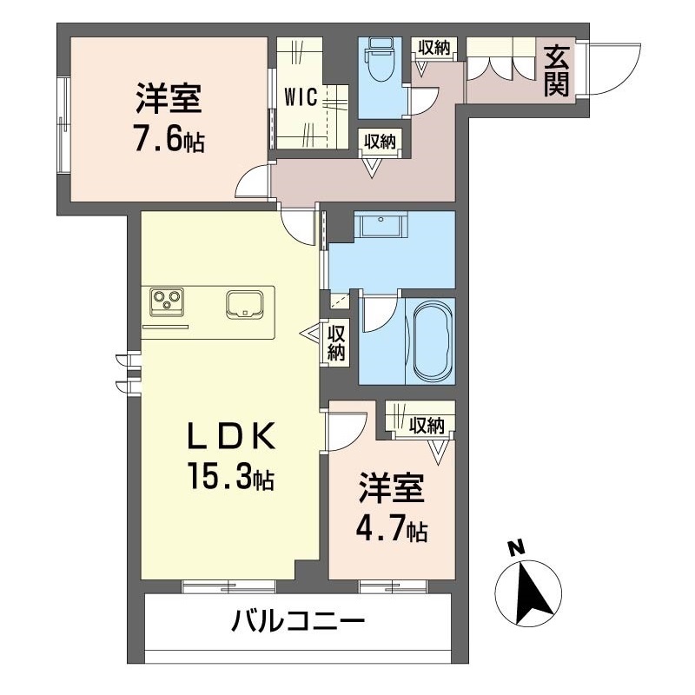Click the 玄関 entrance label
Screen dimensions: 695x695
pyautogui.click(x=556, y=71)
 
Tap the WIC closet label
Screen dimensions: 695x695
pyautogui.click(x=301, y=97)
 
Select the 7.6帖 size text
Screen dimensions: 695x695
pyautogui.click(x=169, y=140)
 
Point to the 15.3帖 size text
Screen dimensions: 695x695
pyautogui.click(x=230, y=475)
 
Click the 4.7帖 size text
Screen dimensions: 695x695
pyautogui.click(x=392, y=528)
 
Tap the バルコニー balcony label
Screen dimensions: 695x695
pyautogui.click(x=298, y=620)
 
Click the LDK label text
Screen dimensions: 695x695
pyautogui.click(x=231, y=436)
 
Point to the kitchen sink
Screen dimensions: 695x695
pyautogui.click(x=244, y=305)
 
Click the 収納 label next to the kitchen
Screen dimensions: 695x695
pyautogui.click(x=336, y=342)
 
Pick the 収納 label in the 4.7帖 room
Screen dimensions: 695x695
pyautogui.click(x=427, y=426)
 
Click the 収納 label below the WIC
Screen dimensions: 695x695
pyautogui.click(x=380, y=142)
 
